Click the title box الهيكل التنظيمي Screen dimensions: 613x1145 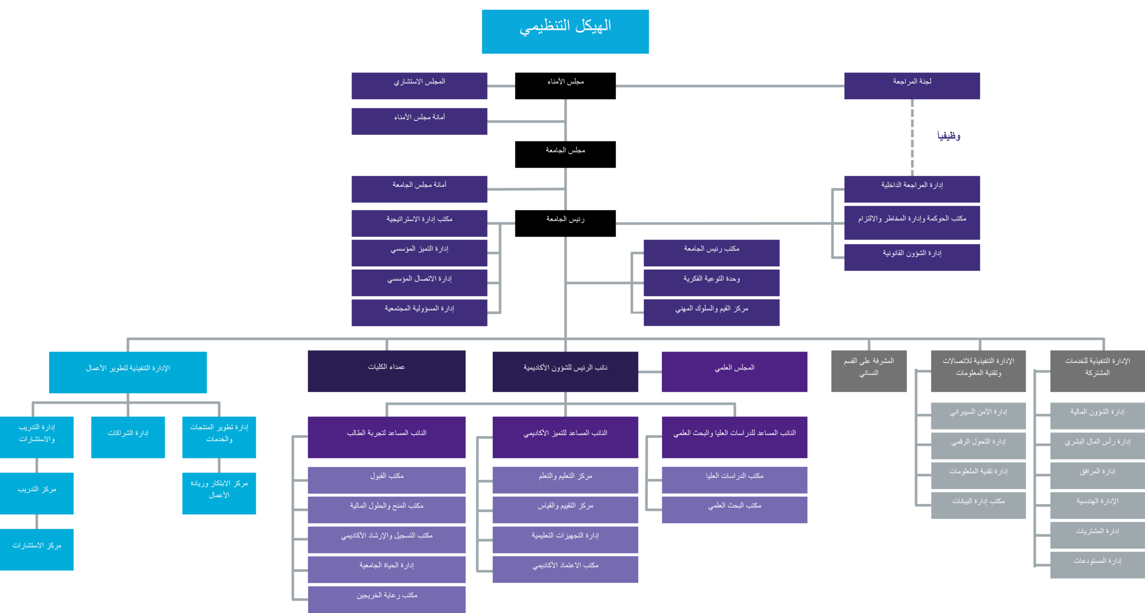tap(565, 31)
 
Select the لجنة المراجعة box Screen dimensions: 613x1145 tap(912, 85)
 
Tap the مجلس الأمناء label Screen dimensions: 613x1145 tap(565, 82)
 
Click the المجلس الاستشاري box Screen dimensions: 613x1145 tap(419, 85)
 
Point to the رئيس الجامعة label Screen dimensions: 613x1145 tap(565, 219)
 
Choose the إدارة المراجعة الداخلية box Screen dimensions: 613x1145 tap(912, 189)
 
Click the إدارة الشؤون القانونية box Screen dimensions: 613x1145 tap(912, 257)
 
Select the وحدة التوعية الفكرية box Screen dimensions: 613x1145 tap(711, 282)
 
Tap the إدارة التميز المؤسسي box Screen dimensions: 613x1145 tap(419, 252)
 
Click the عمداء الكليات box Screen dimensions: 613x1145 tap(386, 371)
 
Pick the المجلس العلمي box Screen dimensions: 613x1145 tap(734, 371)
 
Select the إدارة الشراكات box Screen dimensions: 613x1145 tap(128, 437)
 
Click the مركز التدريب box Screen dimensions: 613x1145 tap(37, 493)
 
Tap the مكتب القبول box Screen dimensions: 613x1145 tap(386, 479)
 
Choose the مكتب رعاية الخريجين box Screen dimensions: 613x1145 tap(386, 599)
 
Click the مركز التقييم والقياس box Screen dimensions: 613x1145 tap(565, 509)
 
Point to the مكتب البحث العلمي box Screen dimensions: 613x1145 tap(734, 509)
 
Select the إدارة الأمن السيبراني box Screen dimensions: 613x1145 tap(978, 416)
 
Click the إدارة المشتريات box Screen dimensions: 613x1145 tap(1097, 535)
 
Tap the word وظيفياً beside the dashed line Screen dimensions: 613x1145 tap(949, 136)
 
